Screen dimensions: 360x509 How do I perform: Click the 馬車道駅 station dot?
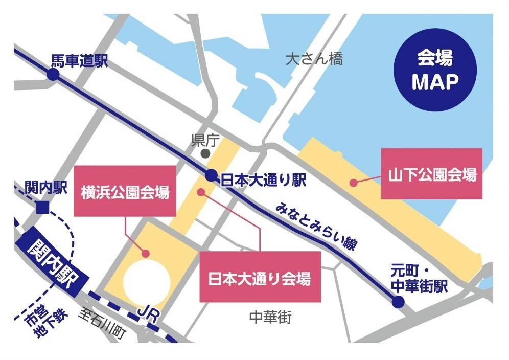53,75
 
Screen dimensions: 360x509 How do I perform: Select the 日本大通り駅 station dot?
211,175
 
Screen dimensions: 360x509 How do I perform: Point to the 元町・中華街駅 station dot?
398,303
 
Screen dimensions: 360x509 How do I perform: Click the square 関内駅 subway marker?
42,207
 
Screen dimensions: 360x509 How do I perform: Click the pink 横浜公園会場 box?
125,191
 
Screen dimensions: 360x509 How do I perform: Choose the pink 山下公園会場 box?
432,174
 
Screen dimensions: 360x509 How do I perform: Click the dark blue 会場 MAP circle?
435,71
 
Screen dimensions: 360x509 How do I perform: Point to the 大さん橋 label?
314,59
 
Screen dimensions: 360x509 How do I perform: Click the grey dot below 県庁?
205,153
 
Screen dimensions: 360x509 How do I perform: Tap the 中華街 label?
270,318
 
